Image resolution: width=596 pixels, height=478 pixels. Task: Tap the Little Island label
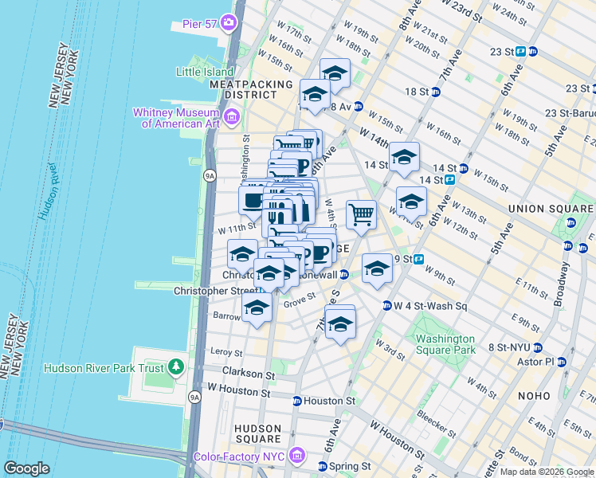pos(200,72)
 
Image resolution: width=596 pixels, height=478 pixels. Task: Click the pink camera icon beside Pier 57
pos(229,22)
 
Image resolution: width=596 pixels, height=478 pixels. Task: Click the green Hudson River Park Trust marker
pos(176,368)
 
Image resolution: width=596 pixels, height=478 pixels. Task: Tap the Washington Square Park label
pos(445,344)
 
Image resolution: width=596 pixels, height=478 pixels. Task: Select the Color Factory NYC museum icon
pos(297,456)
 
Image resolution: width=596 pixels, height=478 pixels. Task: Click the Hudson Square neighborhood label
pos(257,433)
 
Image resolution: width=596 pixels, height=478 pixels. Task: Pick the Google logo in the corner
pos(26,468)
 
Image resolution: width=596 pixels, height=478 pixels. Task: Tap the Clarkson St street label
pos(248,373)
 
